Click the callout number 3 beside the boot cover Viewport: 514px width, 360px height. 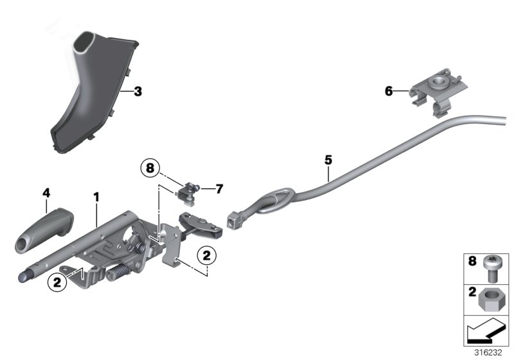click(x=138, y=91)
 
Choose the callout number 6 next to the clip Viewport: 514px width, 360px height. click(x=388, y=91)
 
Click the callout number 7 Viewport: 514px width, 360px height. click(x=218, y=188)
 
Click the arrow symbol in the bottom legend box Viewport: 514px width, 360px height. click(x=484, y=333)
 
